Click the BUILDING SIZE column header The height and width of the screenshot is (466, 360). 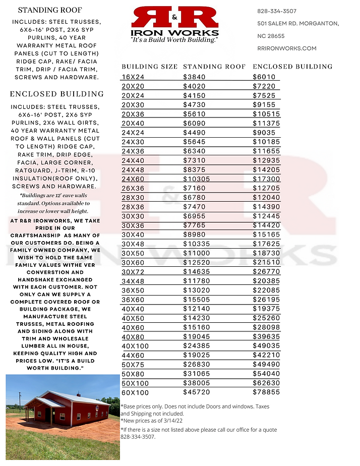point(150,67)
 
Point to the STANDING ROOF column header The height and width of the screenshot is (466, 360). point(214,67)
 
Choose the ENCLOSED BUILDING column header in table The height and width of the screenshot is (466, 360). point(292,67)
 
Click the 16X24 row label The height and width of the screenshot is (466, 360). point(133,77)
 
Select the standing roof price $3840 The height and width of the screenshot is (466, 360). point(195,77)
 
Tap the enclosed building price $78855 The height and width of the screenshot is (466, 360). point(266,392)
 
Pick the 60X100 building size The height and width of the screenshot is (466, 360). point(136,392)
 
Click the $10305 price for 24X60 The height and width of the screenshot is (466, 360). point(197,179)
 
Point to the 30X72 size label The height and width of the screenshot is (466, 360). point(133,271)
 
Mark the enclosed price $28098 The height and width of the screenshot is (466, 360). point(266,327)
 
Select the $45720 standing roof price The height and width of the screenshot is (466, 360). point(197,392)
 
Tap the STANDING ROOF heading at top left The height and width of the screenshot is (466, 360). point(49,10)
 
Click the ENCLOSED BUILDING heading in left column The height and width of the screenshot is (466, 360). point(57,94)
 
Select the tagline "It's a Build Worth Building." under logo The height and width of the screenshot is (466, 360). point(174,39)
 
